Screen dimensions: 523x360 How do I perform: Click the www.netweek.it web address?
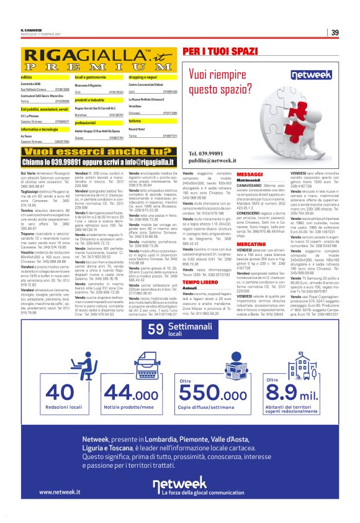pos(60,491)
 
